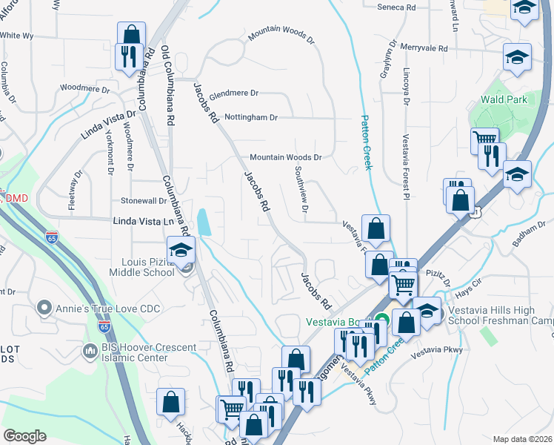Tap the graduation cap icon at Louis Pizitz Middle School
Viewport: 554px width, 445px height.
(181, 251)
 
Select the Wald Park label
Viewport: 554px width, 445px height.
(504, 98)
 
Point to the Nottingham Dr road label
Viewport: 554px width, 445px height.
(252, 117)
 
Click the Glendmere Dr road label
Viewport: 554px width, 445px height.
(234, 93)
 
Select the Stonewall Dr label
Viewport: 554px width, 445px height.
(144, 201)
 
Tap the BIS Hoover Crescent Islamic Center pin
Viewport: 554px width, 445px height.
(90, 350)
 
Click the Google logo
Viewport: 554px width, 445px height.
(24, 436)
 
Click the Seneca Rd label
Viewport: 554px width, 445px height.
(400, 7)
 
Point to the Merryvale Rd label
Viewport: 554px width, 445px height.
(424, 48)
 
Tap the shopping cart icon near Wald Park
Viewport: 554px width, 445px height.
(484, 139)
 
